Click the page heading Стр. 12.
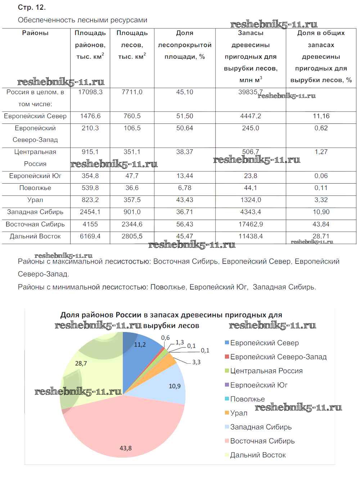pyautogui.click(x=32, y=7)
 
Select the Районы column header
pyautogui.click(x=35, y=33)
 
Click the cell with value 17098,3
pyautogui.click(x=90, y=92)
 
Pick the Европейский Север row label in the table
pyautogui.click(x=35, y=116)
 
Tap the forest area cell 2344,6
pyautogui.click(x=132, y=224)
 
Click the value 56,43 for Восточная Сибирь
pyautogui.click(x=185, y=224)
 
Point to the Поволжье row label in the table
pyautogui.click(x=35, y=188)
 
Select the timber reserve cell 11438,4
pyautogui.click(x=251, y=237)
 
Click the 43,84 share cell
pyautogui.click(x=321, y=224)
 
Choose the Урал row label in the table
pyautogui.click(x=35, y=200)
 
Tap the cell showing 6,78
pyautogui.click(x=185, y=188)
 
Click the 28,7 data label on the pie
pyautogui.click(x=81, y=364)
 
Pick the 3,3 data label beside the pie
pyautogui.click(x=196, y=362)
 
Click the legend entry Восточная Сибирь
pyautogui.click(x=262, y=441)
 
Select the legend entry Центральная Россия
pyautogui.click(x=266, y=371)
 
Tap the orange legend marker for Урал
pyautogui.click(x=227, y=413)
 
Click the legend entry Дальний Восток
pyautogui.click(x=258, y=455)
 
